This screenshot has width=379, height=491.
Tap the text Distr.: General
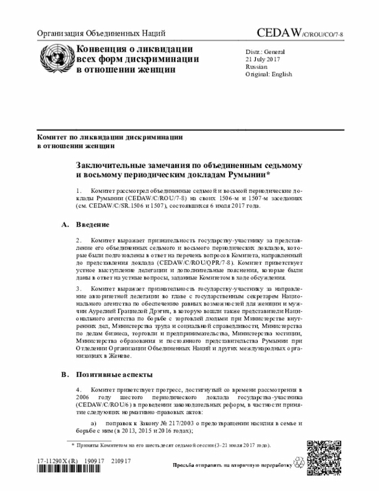(265, 52)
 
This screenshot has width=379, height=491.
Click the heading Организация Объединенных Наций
(101, 33)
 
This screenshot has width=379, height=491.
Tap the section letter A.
(64, 225)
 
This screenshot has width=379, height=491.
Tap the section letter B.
(64, 375)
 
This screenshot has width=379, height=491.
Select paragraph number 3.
(79, 289)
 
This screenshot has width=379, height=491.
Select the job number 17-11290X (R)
(57, 461)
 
